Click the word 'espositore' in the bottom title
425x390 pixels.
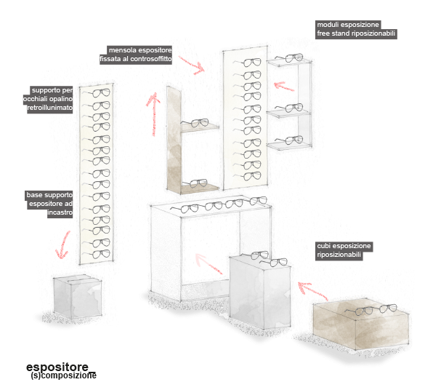[57, 367]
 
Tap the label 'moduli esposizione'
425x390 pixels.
[348, 25]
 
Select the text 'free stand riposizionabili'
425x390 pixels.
[356, 33]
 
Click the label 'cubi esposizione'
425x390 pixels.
[344, 246]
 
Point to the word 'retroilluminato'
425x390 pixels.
[50, 108]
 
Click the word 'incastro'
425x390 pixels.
[60, 212]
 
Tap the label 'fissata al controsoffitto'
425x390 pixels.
[136, 59]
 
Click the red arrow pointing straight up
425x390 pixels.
[154, 114]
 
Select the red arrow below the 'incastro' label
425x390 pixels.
[63, 244]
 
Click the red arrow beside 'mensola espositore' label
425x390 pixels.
[191, 65]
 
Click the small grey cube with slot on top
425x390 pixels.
[78, 296]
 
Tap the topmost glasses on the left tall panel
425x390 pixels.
[97, 93]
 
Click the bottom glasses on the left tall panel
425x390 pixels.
[97, 255]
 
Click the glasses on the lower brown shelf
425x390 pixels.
[195, 183]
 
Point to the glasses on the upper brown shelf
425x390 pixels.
[195, 123]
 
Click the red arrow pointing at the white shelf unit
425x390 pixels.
[284, 87]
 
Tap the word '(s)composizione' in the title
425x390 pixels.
[64, 375]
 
